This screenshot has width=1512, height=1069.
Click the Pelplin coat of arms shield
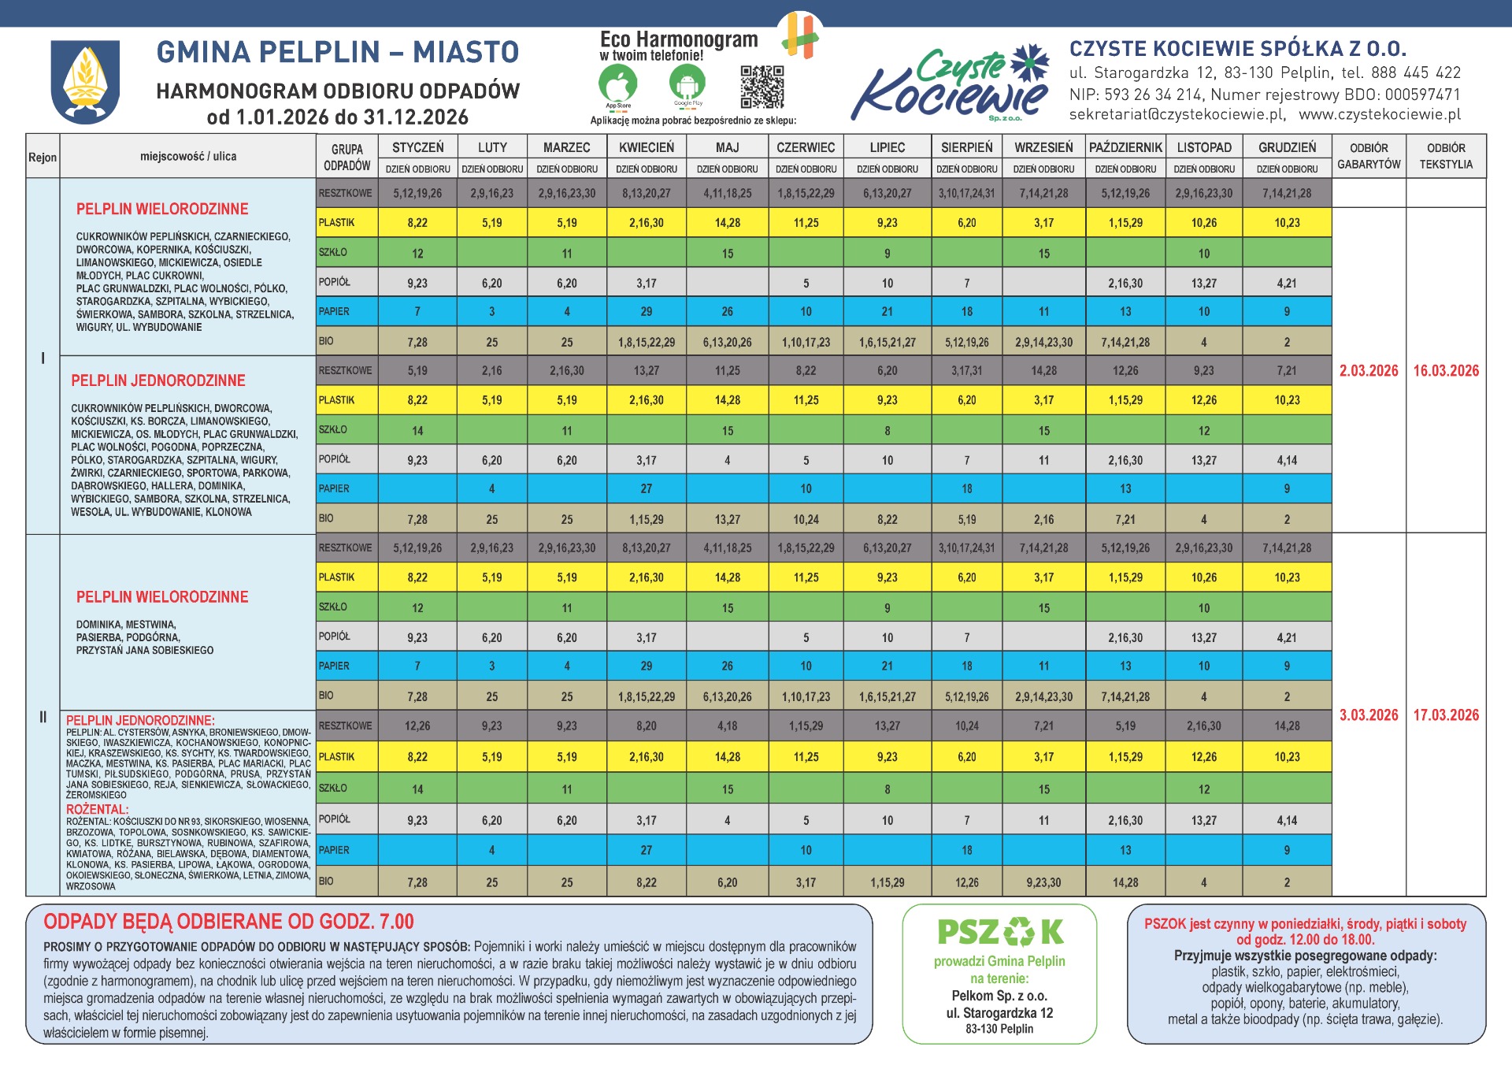(x=85, y=81)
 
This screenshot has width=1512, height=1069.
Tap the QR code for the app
(x=762, y=87)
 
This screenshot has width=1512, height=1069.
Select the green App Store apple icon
(x=617, y=83)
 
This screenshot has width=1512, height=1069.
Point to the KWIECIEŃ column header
(x=646, y=147)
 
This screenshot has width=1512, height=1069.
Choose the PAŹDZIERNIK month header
(x=1125, y=147)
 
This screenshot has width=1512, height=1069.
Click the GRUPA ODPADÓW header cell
(x=346, y=157)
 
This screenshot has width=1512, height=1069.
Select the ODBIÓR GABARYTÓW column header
(x=1369, y=156)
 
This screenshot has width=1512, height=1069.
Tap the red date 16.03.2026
(x=1446, y=371)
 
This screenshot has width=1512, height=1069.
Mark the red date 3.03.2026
(x=1369, y=715)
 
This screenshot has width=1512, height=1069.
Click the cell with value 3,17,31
(x=966, y=371)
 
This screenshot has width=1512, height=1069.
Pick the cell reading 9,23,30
(x=1043, y=883)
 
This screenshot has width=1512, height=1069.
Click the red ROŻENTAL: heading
(x=97, y=810)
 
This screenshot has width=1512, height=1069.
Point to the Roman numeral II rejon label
(x=43, y=717)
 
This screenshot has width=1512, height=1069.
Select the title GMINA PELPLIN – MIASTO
(x=338, y=53)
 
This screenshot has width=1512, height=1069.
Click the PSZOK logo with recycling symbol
(x=999, y=932)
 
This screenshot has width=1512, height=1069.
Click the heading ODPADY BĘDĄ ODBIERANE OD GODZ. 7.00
(x=228, y=922)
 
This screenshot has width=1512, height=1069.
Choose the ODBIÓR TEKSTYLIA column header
(x=1446, y=156)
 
